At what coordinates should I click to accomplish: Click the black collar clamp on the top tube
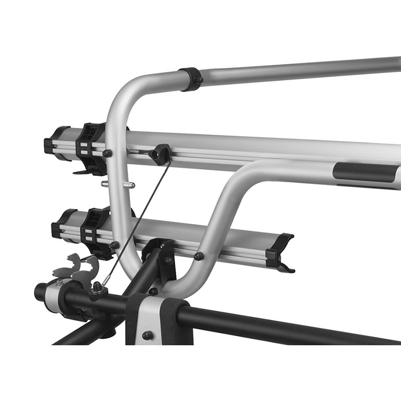click(190, 79)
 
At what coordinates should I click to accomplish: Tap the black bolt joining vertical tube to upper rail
click(107, 153)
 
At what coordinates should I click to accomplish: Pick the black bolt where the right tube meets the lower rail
click(198, 256)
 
